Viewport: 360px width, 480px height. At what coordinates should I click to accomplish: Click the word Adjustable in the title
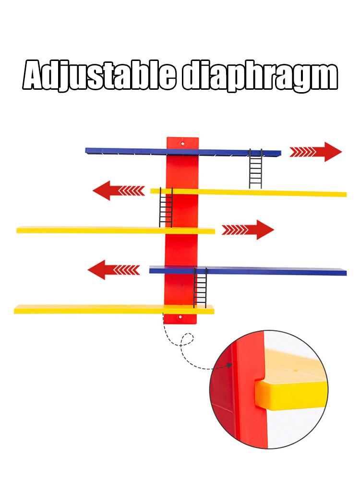[99, 75]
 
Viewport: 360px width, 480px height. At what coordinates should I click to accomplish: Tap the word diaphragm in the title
[260, 76]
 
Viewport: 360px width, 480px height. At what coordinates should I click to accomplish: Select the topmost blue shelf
[183, 152]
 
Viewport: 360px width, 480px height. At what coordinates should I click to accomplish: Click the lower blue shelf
[248, 271]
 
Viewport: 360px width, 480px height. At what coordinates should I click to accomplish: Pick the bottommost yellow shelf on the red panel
[114, 310]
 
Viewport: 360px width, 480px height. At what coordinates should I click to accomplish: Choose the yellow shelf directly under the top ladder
[248, 192]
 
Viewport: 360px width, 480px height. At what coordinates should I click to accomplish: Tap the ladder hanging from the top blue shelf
[256, 168]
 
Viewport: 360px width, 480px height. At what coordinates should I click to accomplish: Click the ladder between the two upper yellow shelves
[166, 207]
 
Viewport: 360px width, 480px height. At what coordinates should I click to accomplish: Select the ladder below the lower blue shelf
[200, 288]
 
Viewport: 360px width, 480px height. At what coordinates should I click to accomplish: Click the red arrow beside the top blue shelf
[316, 152]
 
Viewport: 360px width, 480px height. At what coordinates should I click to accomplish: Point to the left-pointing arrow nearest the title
[119, 191]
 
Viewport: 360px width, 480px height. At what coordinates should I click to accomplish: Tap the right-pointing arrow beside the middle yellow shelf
[248, 229]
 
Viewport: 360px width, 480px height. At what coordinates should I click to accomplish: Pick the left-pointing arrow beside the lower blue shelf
[114, 270]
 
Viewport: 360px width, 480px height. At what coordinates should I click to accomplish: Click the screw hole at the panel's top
[183, 143]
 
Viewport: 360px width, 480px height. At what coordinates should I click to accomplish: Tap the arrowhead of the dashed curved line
[228, 365]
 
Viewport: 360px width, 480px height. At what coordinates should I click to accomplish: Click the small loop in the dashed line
[187, 339]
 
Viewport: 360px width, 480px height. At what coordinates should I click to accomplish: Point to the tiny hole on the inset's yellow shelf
[296, 370]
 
